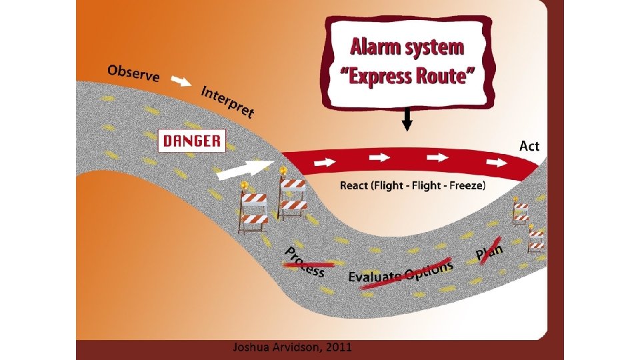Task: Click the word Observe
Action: tap(133, 73)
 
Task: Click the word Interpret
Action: tap(227, 101)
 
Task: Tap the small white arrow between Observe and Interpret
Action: tap(181, 83)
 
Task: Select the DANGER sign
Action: tap(192, 141)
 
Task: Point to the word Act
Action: tap(529, 145)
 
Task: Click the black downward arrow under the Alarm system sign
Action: tap(408, 120)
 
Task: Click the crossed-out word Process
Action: tap(305, 261)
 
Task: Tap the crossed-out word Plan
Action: tap(490, 249)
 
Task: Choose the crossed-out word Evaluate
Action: tap(375, 275)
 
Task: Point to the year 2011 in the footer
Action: tap(337, 347)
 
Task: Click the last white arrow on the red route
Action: tap(497, 161)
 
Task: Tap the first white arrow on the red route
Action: tap(327, 161)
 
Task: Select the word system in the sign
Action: tap(434, 48)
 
